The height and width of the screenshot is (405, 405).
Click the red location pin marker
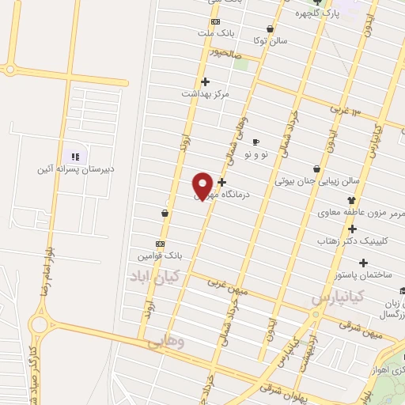[x=202, y=186]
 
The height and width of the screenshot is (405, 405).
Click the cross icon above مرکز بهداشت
[x=206, y=81]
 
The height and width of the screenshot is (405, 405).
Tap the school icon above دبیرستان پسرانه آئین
[x=75, y=157]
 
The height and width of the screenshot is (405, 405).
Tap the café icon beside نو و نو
[x=255, y=142]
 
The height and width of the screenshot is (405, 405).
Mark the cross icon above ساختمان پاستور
[x=363, y=263]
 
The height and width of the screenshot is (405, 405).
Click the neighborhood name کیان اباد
[x=158, y=276]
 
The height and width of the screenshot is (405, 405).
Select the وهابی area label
[x=165, y=343]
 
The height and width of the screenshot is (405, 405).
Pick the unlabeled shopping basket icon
[x=165, y=213]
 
